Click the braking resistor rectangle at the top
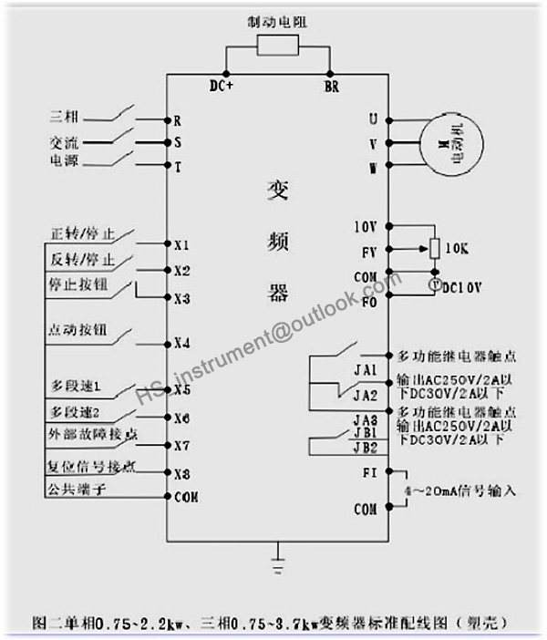[276, 45]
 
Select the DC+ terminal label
[221, 87]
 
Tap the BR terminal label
[331, 87]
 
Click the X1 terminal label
[181, 245]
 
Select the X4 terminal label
[181, 344]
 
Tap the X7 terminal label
[181, 446]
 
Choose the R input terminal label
[177, 120]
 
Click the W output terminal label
[372, 168]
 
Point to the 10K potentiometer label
[457, 248]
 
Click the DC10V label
[461, 286]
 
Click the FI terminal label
[369, 471]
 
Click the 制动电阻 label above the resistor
[276, 20]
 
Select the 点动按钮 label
[77, 330]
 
